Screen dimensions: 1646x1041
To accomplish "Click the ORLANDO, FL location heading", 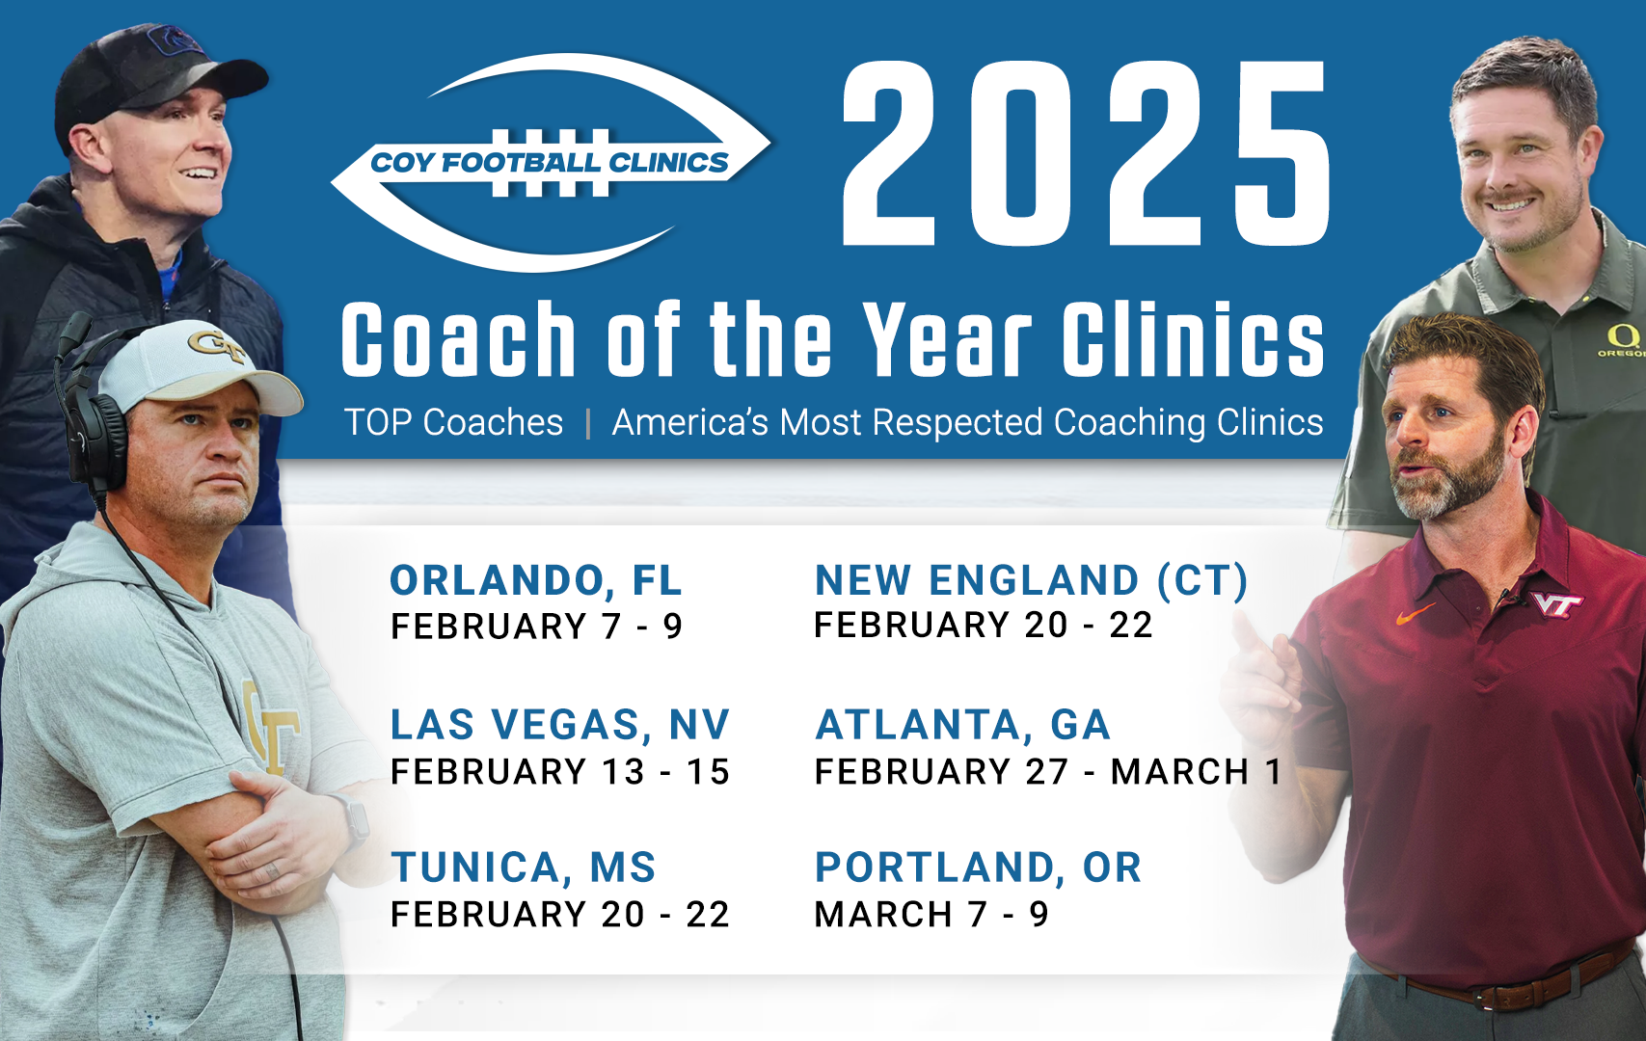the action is pyautogui.click(x=536, y=581).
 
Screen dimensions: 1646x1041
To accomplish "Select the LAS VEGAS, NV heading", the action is pyautogui.click(x=560, y=725).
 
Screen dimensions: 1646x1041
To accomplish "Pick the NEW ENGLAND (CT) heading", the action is pyautogui.click(x=1032, y=580).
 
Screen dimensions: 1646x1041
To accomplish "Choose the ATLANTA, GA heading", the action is pyautogui.click(x=962, y=725).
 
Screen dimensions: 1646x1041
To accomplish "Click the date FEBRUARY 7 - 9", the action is pyautogui.click(x=536, y=627).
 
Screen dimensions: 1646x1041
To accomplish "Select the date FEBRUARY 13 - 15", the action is pyautogui.click(x=560, y=771).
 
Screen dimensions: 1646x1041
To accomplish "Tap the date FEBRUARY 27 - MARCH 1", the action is pyautogui.click(x=1048, y=771).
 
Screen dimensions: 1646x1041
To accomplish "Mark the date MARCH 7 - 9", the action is pyautogui.click(x=931, y=914).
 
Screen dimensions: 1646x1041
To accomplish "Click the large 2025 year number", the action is pyautogui.click(x=1086, y=153).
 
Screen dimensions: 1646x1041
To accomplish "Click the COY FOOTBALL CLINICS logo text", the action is pyautogui.click(x=549, y=162).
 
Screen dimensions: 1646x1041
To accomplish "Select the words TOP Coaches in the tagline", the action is pyautogui.click(x=453, y=422).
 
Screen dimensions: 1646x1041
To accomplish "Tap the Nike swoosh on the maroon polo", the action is pyautogui.click(x=1415, y=613).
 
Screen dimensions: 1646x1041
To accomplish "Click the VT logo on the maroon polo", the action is pyautogui.click(x=1556, y=604).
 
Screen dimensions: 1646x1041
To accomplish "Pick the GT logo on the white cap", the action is pyautogui.click(x=216, y=345).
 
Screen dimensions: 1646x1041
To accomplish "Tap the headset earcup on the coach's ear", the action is pyautogui.click(x=94, y=440).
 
